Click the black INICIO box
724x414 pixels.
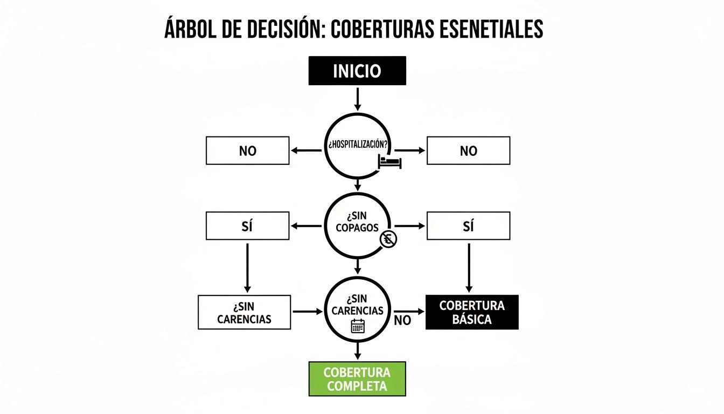point(357,71)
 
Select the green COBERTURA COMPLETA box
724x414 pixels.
point(357,379)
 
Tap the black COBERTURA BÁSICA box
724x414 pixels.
point(472,312)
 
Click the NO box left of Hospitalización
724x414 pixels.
point(247,151)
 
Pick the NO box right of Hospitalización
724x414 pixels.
point(468,151)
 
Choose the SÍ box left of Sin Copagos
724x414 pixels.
point(247,226)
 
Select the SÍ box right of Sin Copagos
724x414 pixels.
point(468,226)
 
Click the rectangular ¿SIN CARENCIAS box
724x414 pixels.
point(244,312)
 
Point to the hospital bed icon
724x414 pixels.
point(390,161)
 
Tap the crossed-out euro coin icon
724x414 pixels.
point(388,240)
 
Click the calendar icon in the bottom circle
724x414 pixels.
point(358,326)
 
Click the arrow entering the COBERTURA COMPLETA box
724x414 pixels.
point(357,351)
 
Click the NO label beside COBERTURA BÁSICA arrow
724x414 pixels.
point(402,320)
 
